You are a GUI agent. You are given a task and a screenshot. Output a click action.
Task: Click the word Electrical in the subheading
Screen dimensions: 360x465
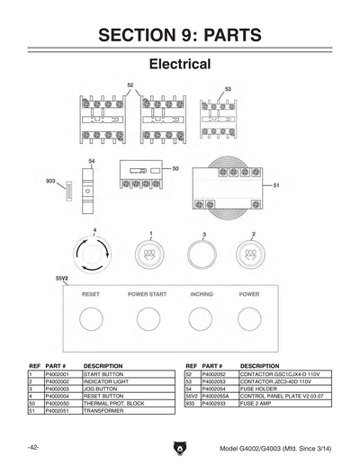click(x=180, y=65)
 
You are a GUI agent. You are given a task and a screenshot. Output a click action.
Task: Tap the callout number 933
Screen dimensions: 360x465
click(x=50, y=181)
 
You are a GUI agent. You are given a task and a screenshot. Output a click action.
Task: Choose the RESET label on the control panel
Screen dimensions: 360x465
click(x=91, y=294)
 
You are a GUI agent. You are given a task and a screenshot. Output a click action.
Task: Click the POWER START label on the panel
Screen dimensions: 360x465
click(x=147, y=294)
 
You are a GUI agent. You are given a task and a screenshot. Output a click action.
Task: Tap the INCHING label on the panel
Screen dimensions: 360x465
click(x=202, y=294)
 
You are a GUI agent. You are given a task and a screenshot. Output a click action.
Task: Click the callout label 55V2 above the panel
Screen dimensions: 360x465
click(x=63, y=279)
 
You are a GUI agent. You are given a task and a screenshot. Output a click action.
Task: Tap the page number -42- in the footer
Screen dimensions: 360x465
click(x=32, y=446)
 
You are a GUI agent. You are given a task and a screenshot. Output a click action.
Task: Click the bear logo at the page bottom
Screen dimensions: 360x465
click(x=180, y=447)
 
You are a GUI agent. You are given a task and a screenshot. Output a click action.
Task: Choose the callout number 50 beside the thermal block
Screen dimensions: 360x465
click(x=176, y=168)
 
